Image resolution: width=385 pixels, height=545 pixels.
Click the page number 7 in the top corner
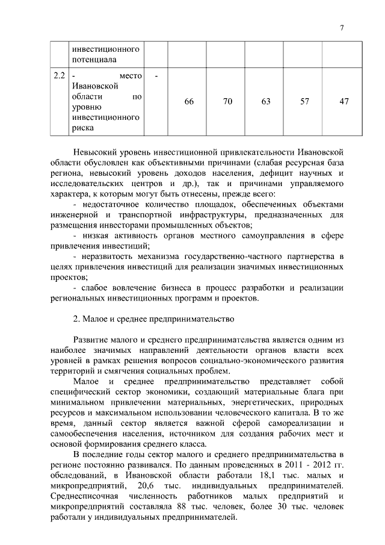[x=341, y=27]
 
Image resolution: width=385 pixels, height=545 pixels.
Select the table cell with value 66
[x=189, y=101]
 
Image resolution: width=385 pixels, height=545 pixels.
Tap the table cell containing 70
[x=228, y=101]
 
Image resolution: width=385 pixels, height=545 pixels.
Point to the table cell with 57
[x=304, y=101]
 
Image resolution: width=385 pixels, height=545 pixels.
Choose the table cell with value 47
[x=343, y=101]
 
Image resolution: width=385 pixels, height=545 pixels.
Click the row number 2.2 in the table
[x=58, y=75]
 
